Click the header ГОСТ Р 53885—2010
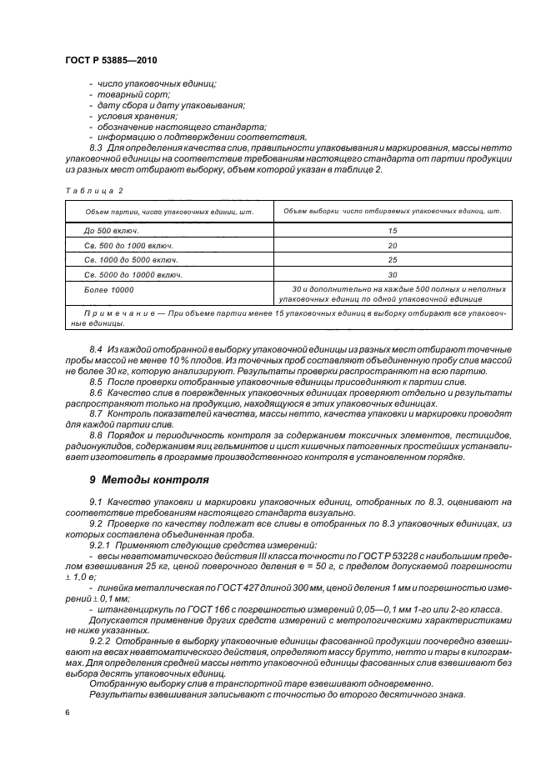pos(110,61)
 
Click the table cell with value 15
pos(392,229)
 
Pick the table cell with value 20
pos(392,244)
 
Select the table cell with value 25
pos(392,259)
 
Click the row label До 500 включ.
pos(111,229)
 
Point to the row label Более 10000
pos(108,288)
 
